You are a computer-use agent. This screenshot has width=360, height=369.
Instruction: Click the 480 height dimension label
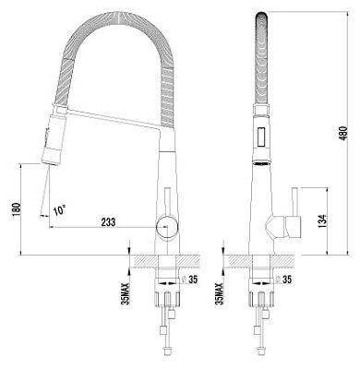click(x=344, y=133)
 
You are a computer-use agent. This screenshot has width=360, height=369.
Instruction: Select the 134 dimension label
click(x=322, y=221)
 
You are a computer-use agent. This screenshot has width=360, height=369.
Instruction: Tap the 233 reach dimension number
click(x=108, y=222)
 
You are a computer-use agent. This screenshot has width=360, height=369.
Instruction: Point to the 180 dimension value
click(x=17, y=209)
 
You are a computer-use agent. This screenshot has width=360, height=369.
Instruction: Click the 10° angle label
click(x=59, y=210)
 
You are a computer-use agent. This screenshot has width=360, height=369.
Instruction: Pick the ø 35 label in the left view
click(x=190, y=280)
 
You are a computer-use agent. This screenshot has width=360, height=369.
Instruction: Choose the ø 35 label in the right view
click(x=283, y=280)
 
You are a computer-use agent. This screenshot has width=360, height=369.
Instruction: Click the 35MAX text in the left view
click(x=126, y=293)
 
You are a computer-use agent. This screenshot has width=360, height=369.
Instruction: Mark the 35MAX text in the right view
click(x=220, y=293)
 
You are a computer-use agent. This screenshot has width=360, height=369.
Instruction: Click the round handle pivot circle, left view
click(x=167, y=228)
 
